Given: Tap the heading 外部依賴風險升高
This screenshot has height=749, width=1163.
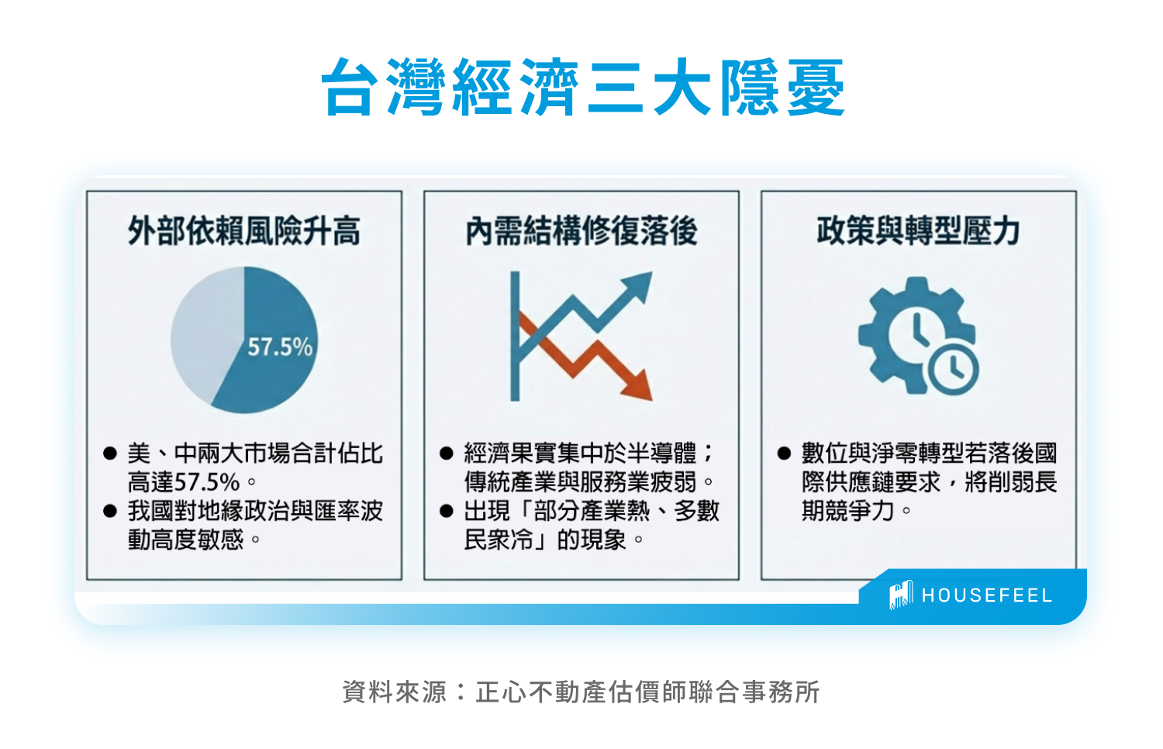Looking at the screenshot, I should tap(244, 231).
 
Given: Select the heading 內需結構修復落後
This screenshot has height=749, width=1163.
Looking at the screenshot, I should tap(581, 231).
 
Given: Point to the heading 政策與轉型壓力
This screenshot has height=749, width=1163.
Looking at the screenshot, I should tap(918, 231).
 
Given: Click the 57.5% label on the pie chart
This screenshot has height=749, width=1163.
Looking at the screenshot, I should tap(280, 347).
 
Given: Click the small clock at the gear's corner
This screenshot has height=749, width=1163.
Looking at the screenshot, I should tap(953, 368).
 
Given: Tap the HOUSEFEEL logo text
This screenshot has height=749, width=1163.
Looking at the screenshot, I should tap(987, 595).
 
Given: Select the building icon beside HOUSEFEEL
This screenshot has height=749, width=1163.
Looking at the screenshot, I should tap(901, 595).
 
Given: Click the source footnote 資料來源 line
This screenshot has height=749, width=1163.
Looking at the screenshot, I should tap(581, 692).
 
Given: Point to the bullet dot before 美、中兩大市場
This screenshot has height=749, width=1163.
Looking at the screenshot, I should tap(110, 454).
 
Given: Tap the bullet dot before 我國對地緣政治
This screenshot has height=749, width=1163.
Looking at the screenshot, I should tap(110, 512).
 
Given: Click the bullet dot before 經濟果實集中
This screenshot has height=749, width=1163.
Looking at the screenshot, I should tap(447, 454).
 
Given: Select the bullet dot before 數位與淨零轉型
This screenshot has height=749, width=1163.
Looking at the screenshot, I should tap(784, 454).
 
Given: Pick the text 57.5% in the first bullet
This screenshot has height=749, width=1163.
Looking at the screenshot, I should tap(207, 482).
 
